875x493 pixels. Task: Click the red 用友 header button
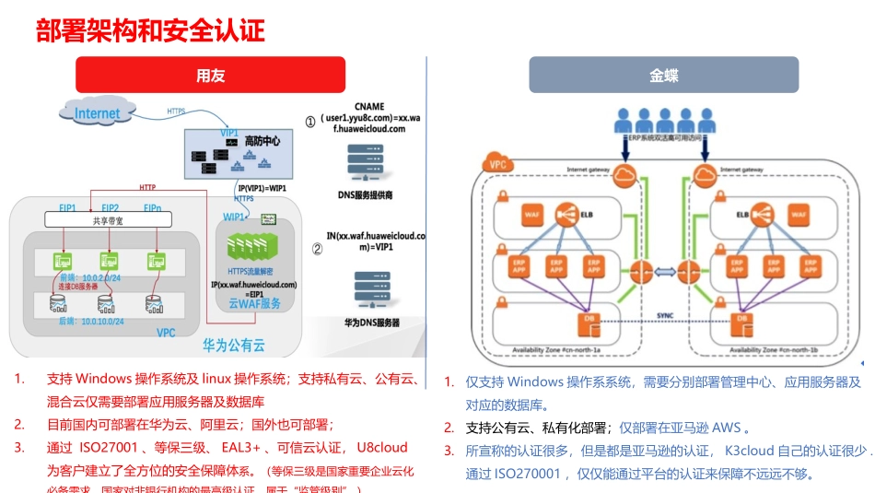pos(210,76)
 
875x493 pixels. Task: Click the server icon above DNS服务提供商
pos(365,164)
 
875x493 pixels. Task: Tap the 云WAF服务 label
pos(254,302)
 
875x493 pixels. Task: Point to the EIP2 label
pos(111,208)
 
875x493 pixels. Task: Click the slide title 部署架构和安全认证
pos(150,31)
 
